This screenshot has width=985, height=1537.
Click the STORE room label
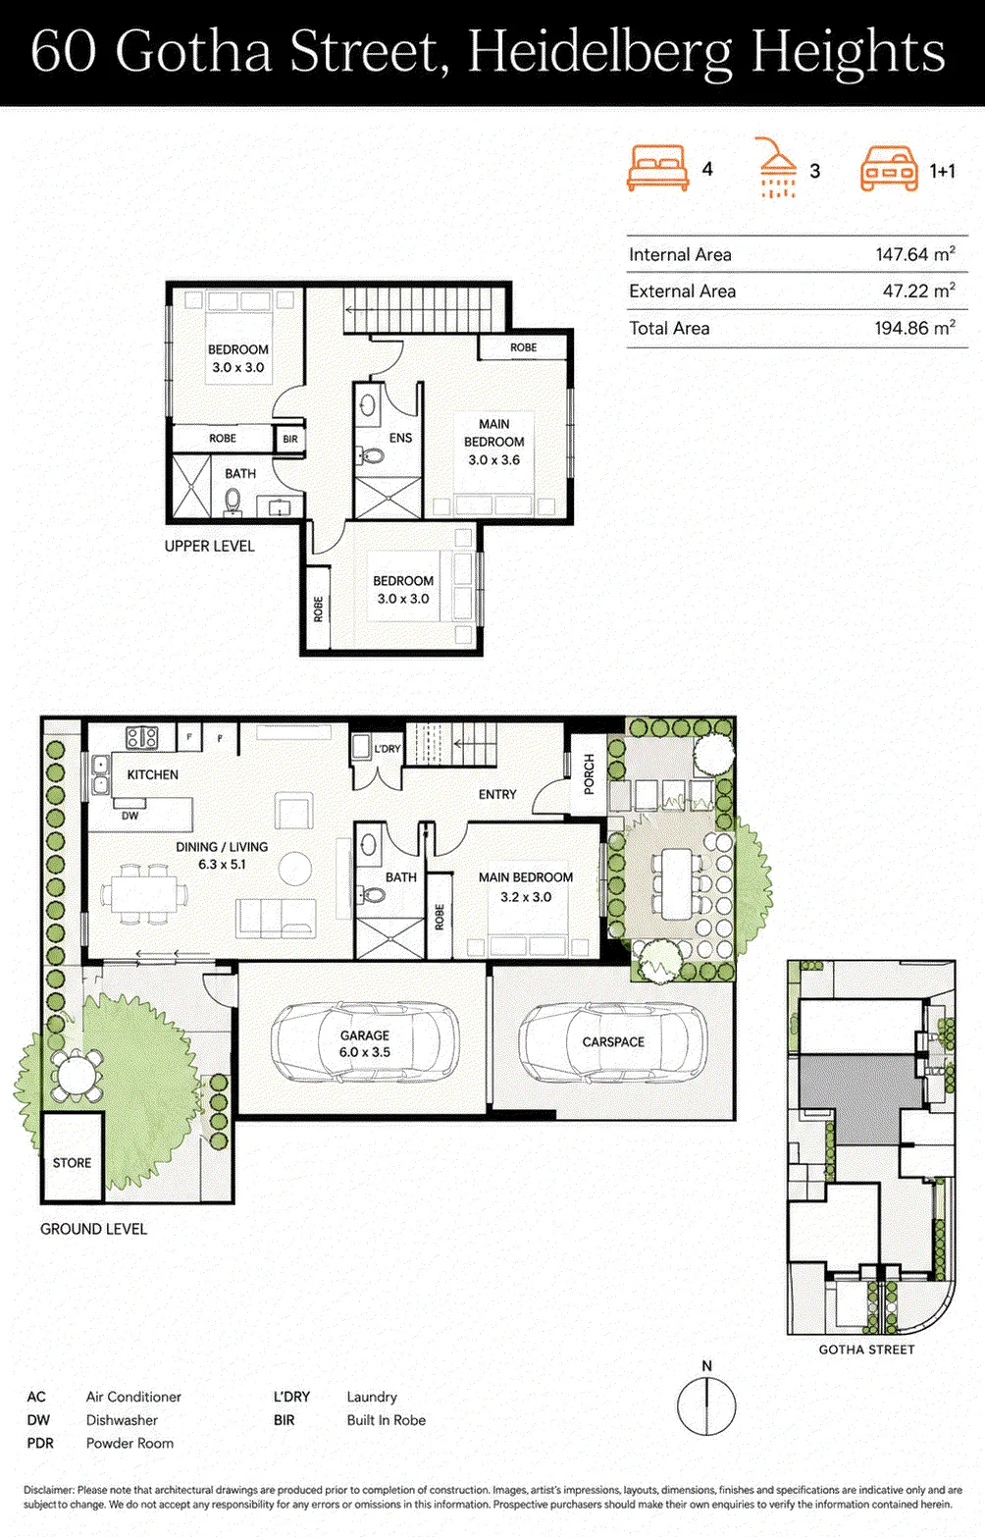tap(72, 1162)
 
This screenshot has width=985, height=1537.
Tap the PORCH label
tap(590, 774)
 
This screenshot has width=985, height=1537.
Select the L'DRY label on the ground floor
tap(387, 749)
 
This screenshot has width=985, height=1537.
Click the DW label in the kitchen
tap(130, 816)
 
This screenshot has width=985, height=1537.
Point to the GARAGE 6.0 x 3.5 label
tap(365, 1043)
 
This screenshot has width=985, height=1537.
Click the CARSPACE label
tap(613, 1041)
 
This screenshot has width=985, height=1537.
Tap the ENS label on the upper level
tap(400, 438)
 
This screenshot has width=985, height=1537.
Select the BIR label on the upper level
tap(290, 439)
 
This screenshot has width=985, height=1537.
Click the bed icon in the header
tap(657, 168)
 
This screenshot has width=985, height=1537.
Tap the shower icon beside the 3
tap(777, 168)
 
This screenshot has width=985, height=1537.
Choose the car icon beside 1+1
tap(889, 168)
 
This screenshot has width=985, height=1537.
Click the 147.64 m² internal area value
tap(915, 254)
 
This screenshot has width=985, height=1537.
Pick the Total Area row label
tap(669, 328)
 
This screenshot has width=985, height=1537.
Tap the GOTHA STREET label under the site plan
tap(866, 1350)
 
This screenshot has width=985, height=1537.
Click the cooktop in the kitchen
tap(142, 737)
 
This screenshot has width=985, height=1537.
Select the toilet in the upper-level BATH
tap(233, 502)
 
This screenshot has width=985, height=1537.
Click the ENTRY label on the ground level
tap(497, 795)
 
